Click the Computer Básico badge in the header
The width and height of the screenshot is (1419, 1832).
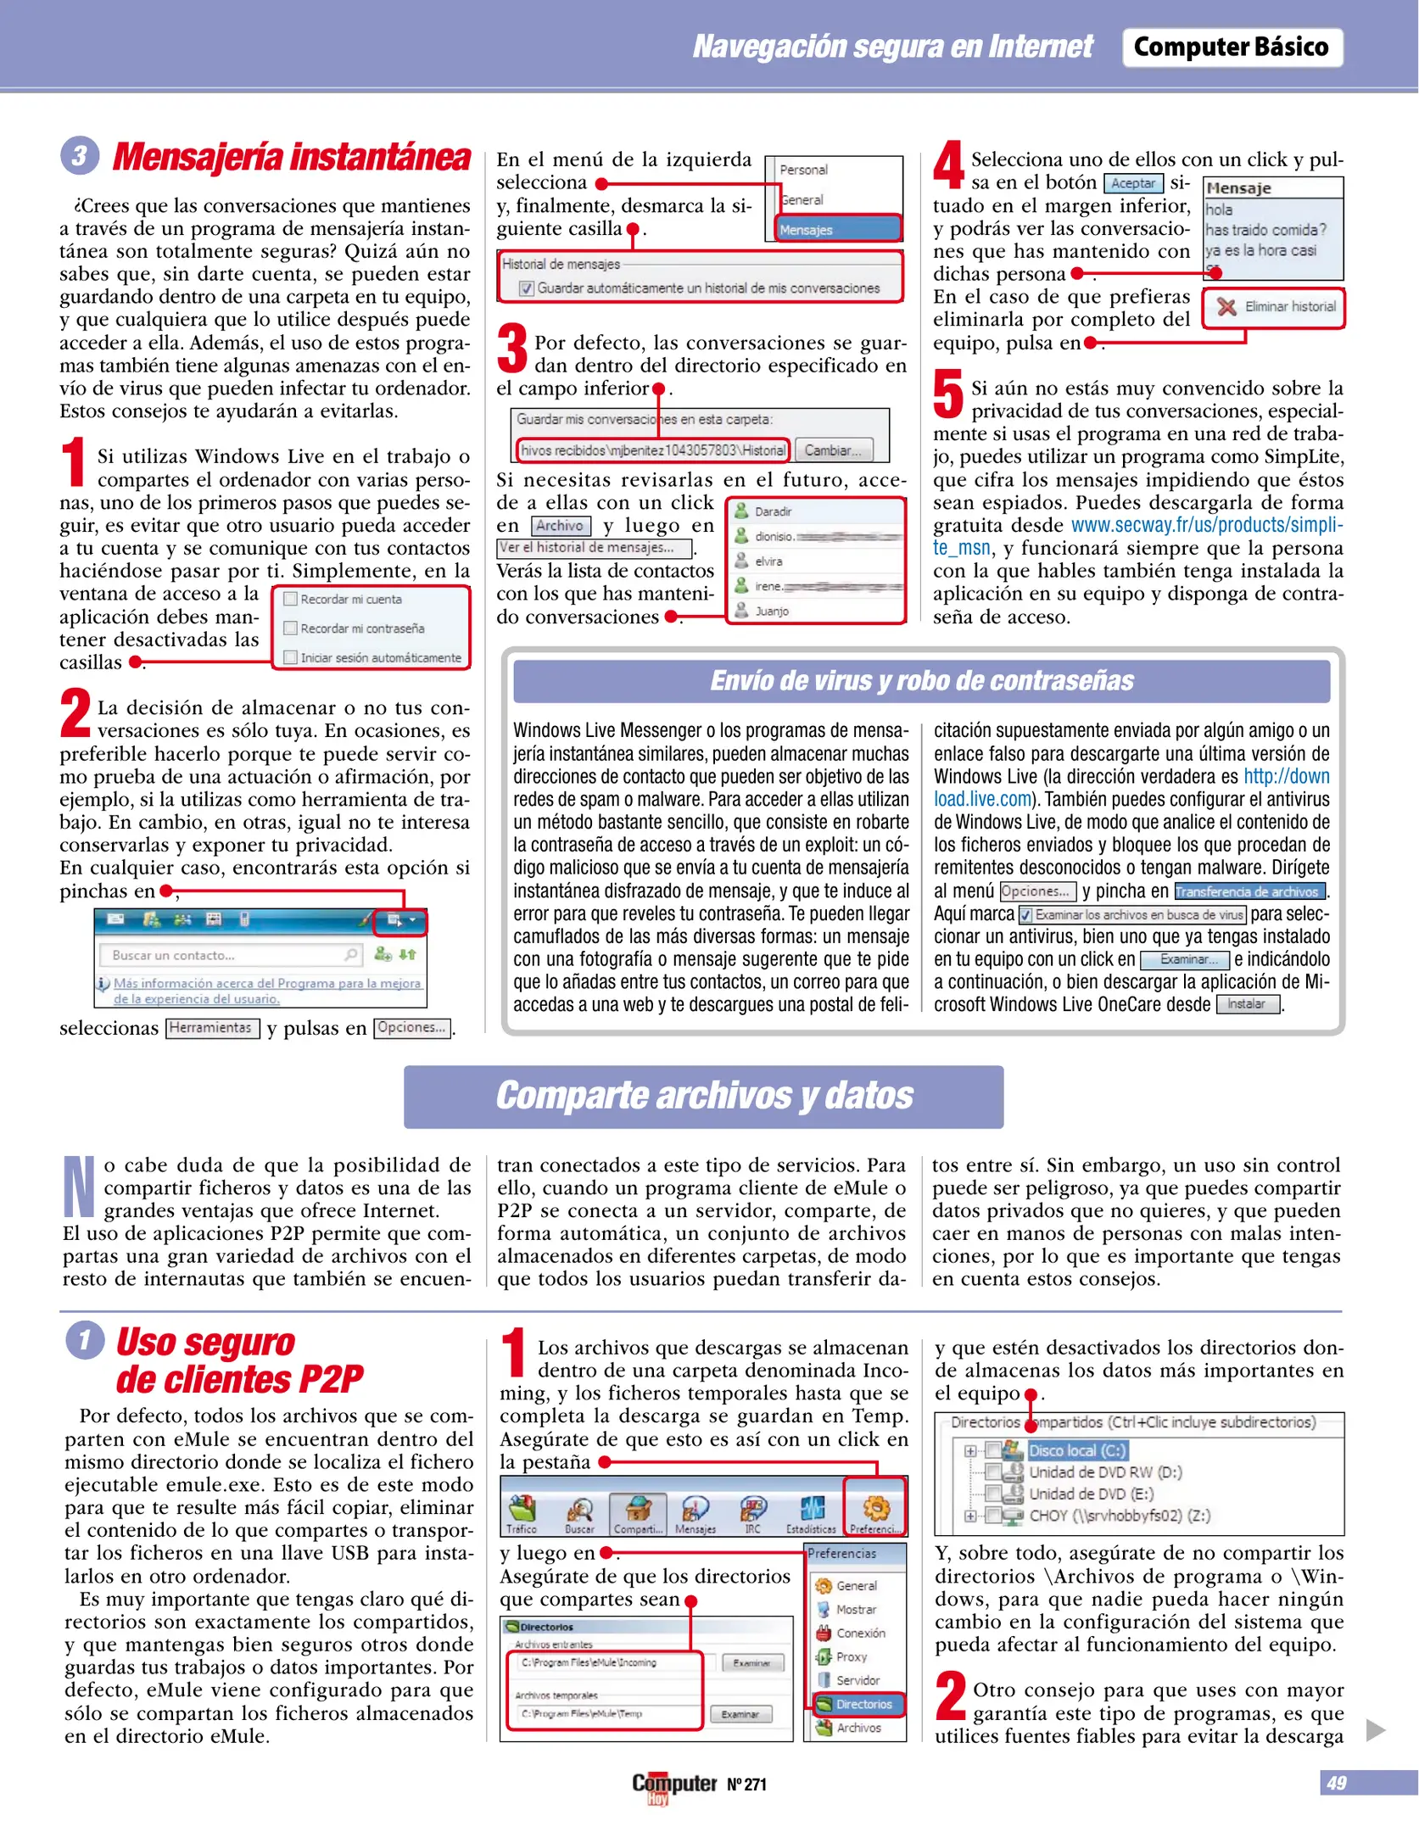(1231, 47)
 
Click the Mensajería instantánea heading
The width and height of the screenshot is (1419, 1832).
(291, 157)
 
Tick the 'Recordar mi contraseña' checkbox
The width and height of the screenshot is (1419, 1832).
(291, 628)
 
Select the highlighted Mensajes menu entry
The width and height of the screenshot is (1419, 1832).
(838, 230)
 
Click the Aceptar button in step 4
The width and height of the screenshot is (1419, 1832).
(1133, 183)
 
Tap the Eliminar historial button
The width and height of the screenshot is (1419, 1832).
(1275, 307)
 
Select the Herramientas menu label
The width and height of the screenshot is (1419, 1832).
(211, 1028)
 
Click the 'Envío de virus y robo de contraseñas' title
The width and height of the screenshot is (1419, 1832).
(921, 681)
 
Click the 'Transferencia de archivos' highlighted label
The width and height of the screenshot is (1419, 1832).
(1249, 891)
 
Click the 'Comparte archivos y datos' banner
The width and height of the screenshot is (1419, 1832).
(703, 1096)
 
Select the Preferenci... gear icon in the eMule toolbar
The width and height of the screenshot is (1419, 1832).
(876, 1508)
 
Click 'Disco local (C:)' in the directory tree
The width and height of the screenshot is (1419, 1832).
(1075, 1451)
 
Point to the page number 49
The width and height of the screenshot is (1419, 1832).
(1337, 1783)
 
